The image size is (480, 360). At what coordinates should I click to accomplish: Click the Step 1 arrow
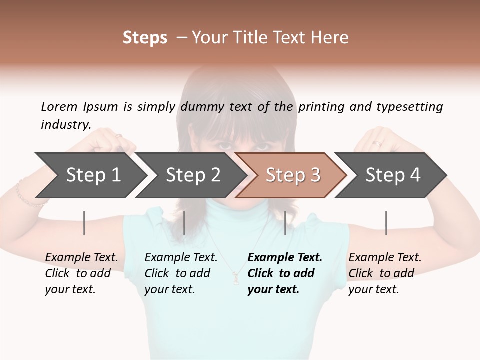[x=93, y=175]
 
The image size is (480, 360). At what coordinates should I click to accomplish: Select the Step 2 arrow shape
[x=193, y=175]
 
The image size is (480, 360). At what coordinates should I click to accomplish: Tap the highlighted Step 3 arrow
[x=293, y=175]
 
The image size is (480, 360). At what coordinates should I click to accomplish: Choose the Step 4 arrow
[x=393, y=175]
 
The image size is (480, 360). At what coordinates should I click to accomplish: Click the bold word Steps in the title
[x=145, y=37]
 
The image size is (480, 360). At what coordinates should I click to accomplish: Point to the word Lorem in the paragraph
[x=59, y=106]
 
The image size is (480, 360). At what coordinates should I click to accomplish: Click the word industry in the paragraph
[x=66, y=124]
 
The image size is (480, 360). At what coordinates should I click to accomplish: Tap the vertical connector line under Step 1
[x=84, y=223]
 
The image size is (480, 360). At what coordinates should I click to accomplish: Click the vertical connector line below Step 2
[x=184, y=223]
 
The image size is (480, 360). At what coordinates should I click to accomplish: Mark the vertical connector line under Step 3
[x=285, y=223]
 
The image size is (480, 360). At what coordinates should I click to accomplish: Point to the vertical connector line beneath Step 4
[x=386, y=223]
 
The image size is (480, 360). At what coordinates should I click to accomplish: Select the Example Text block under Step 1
[x=81, y=273]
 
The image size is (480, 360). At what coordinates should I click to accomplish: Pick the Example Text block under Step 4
[x=385, y=273]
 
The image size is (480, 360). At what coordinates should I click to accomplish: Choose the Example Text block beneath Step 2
[x=181, y=273]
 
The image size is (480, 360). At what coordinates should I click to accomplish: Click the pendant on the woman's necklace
[x=235, y=276]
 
